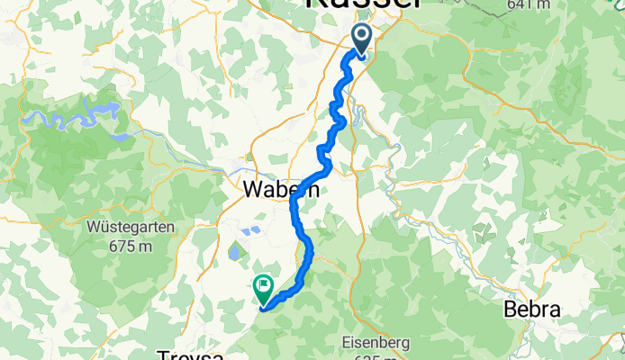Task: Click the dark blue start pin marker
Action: (361, 40)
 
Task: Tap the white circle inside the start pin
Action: (361, 37)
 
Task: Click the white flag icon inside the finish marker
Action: (264, 287)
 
